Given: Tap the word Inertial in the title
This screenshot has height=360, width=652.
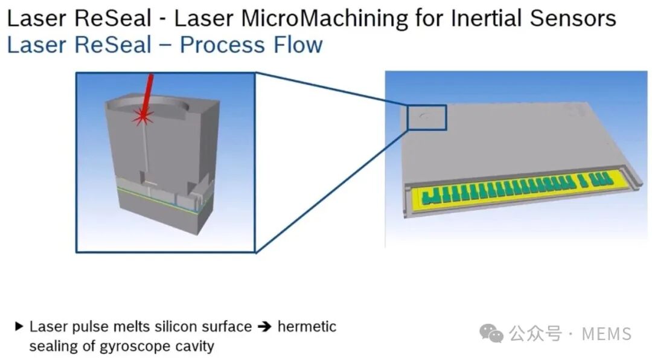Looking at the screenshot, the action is [x=482, y=18].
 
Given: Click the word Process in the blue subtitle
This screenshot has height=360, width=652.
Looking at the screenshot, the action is [x=222, y=45].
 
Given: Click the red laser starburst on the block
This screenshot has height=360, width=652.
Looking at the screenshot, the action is [x=142, y=117].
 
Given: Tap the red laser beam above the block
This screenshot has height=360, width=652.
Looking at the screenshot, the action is [x=147, y=94].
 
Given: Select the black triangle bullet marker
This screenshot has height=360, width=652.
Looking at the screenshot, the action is [x=19, y=326].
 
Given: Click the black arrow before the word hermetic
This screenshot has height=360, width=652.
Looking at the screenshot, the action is [x=264, y=327].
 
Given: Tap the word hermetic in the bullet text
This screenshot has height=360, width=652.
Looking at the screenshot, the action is [x=307, y=327].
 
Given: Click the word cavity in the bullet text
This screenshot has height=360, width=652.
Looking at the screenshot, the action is [x=195, y=346].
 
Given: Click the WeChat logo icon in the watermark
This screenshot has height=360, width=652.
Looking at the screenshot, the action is [x=491, y=333].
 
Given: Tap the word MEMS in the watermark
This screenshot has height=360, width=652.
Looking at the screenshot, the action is [x=607, y=334].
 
